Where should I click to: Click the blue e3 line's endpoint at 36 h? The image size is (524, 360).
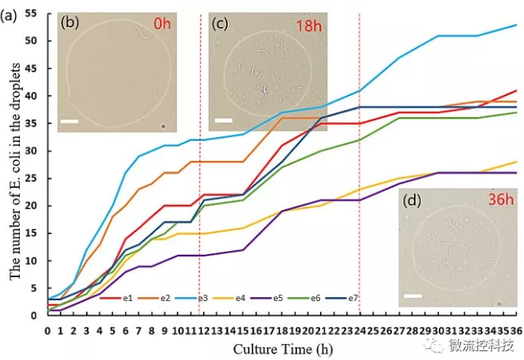[x=515, y=25]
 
